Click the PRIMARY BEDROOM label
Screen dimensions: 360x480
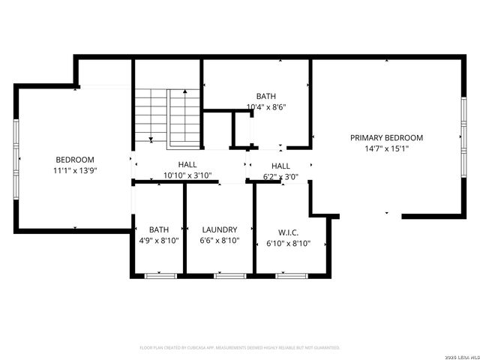point(386,138)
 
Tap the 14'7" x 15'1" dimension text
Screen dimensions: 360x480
point(386,148)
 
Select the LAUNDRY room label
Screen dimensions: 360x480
point(220,229)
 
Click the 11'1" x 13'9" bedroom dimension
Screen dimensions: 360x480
point(75,171)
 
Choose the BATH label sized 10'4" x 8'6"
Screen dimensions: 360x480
point(266,96)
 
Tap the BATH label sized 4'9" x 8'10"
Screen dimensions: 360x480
point(159,229)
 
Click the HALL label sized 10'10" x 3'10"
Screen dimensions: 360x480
point(187,165)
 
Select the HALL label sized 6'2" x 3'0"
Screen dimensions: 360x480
point(280,166)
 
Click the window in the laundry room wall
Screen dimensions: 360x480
point(230,276)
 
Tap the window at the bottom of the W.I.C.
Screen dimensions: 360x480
point(291,276)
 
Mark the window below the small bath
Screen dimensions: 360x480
point(160,276)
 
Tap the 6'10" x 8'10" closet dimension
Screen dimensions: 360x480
point(288,243)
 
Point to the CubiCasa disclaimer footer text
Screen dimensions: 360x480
point(240,348)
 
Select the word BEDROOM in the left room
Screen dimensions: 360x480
point(75,160)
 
